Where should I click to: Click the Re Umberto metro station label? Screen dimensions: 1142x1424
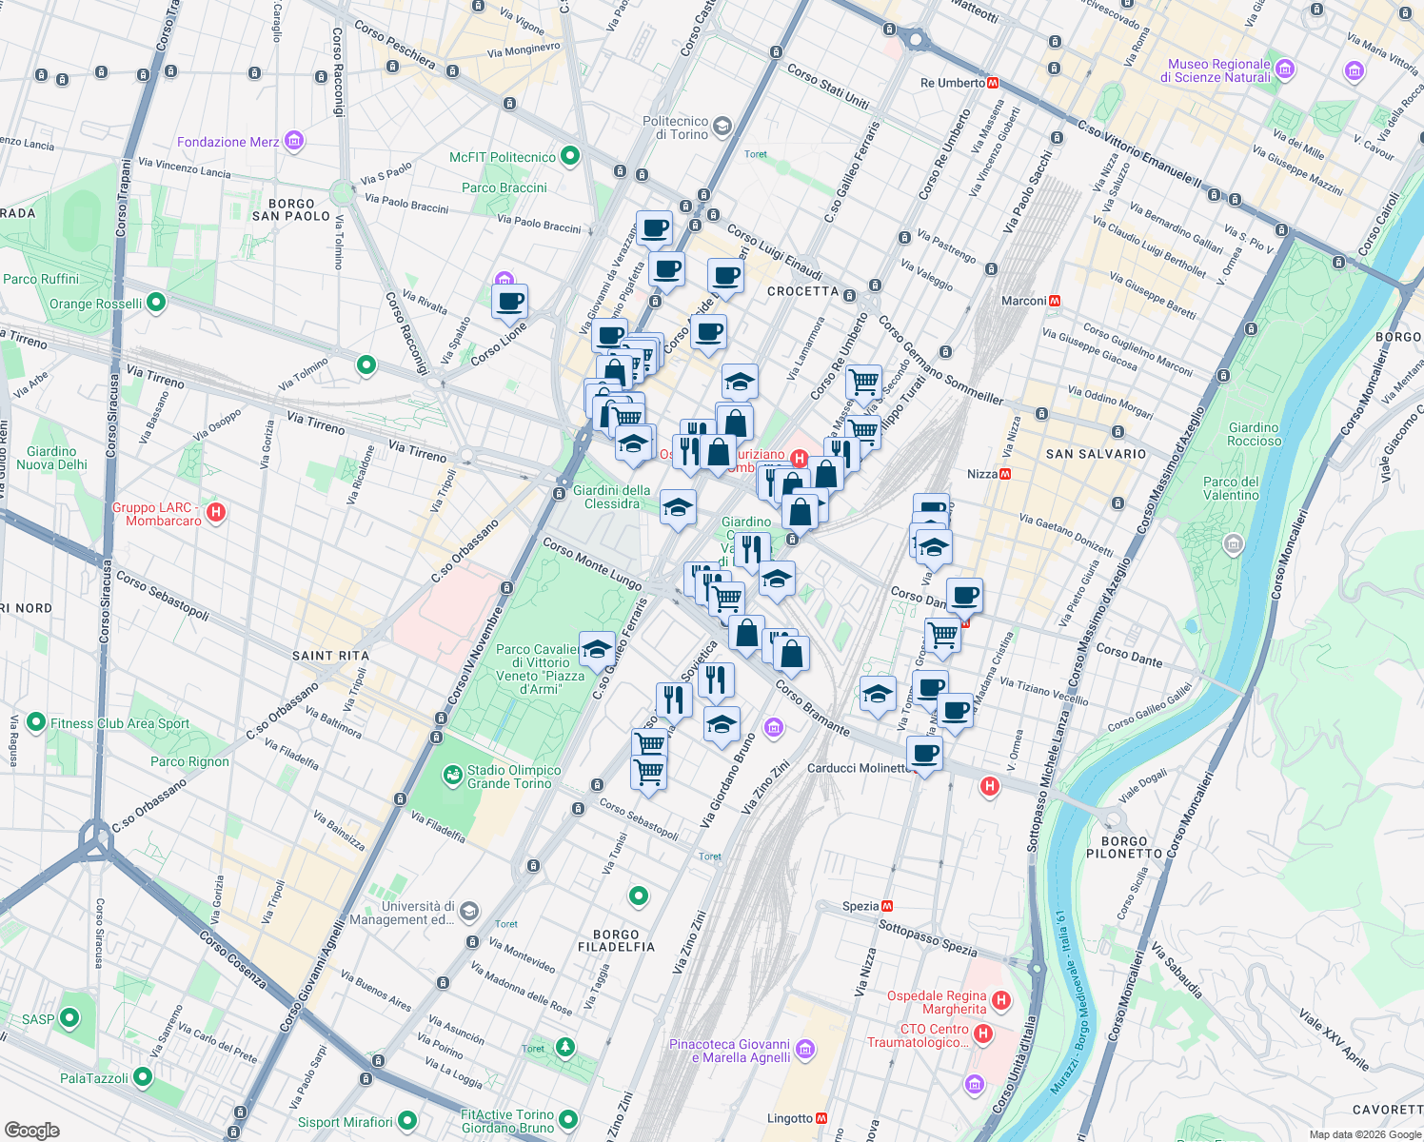pos(952,83)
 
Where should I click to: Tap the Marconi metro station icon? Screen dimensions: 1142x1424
pos(1054,301)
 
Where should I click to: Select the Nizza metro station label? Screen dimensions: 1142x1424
pos(981,474)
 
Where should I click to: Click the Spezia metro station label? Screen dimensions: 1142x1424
pos(860,906)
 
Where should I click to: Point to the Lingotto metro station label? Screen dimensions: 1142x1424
pos(790,1118)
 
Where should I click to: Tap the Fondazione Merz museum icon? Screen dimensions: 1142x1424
pos(294,142)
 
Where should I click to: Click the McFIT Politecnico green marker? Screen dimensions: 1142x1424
pos(570,156)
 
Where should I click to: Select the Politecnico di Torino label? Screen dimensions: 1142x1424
pos(676,128)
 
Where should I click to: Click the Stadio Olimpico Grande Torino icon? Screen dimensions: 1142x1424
pos(453,776)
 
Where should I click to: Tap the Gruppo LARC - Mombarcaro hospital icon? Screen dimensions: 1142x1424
pos(216,513)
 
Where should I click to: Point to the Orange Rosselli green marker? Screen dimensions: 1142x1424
pos(156,303)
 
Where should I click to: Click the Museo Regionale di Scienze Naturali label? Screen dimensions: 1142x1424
pos(1218,70)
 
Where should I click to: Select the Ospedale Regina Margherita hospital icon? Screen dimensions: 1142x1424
pos(1000,1000)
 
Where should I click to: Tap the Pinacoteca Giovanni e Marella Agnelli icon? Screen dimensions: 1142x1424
pos(805,1050)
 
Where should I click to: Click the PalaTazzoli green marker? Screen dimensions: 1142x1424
pos(143,1077)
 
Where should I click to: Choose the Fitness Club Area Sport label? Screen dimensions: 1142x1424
pos(120,723)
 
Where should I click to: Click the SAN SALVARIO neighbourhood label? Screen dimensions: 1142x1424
pos(1096,454)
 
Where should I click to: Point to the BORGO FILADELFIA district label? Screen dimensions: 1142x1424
pos(616,940)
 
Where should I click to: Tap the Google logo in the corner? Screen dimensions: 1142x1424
pos(32,1130)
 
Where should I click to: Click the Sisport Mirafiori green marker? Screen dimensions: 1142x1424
pos(407,1121)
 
